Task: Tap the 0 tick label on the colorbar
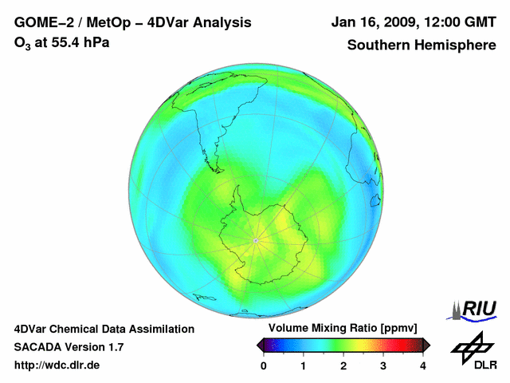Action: point(264,365)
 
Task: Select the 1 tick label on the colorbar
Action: point(304,365)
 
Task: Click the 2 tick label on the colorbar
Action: point(343,365)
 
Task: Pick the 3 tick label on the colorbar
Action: point(383,365)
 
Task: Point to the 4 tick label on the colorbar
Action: point(423,365)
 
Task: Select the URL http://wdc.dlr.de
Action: point(57,365)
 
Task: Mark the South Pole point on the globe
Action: point(255,240)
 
